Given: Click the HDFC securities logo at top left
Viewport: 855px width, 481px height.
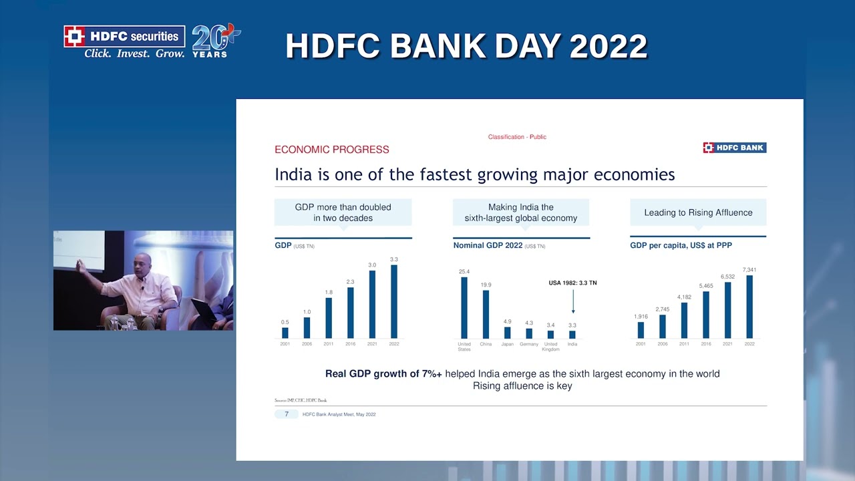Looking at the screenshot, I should pos(124,42).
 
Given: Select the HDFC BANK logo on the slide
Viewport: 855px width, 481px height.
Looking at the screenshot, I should pos(734,148).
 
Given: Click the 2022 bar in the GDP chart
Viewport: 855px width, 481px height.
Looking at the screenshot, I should pos(394,301).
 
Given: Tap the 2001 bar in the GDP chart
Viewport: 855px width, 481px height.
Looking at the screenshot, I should pos(285,333).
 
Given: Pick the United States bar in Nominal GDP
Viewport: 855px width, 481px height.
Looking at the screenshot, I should pos(464,307).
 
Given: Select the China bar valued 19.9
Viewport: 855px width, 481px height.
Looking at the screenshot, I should pos(486,314).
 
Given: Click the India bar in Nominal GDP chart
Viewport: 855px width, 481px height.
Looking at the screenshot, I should pos(572,335).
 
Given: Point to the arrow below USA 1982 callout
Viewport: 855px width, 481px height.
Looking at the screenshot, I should pos(572,301).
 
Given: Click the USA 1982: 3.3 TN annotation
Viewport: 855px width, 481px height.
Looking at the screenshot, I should pos(572,283).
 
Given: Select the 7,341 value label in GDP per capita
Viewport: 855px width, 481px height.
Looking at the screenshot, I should pos(749,270).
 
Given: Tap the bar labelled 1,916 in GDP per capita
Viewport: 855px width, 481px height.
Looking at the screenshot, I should pos(641,330).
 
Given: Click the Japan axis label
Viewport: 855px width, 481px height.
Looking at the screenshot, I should pos(507,344).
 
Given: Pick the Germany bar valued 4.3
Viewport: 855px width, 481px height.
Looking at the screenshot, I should pos(529,333).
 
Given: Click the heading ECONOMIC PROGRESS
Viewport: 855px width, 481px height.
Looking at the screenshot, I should pos(332,150).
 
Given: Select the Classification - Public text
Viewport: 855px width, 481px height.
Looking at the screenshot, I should pos(517,137).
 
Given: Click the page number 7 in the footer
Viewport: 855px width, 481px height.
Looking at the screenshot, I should pos(287,414).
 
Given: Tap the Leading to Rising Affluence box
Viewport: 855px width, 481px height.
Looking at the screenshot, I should pos(698,212).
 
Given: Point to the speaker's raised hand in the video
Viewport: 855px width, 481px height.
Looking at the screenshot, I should pos(81,266).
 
